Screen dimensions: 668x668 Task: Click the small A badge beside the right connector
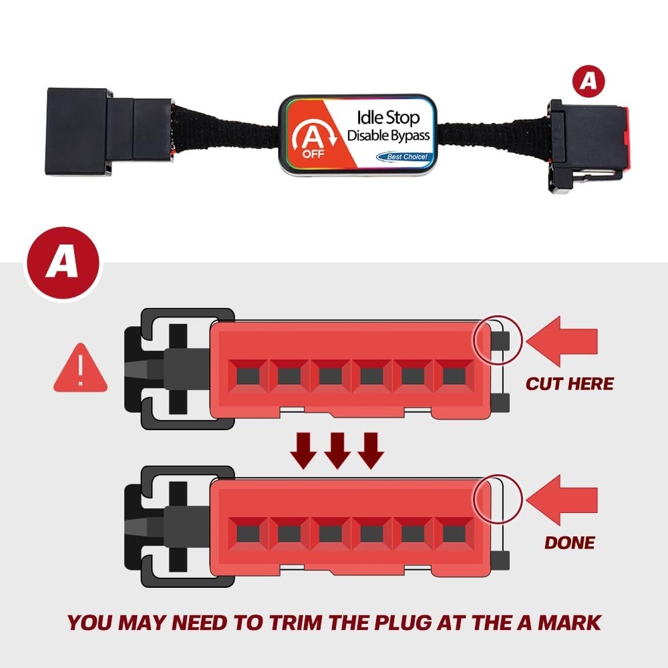[x=588, y=81]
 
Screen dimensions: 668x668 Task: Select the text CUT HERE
[x=569, y=384]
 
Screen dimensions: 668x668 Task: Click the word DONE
[x=569, y=542]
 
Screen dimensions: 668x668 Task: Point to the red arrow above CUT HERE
[x=561, y=342]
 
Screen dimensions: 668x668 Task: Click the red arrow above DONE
[x=561, y=498]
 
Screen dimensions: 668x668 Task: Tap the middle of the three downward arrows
[x=337, y=450]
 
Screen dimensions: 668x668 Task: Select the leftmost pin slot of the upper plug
[x=247, y=376]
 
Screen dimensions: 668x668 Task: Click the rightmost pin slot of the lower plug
[x=454, y=532]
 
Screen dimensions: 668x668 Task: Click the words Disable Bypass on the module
[x=388, y=136]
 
